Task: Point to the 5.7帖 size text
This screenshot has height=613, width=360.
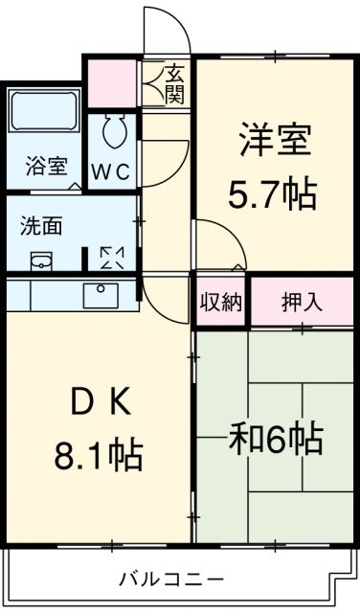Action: coord(273,194)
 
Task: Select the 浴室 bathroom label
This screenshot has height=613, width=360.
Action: coord(45,166)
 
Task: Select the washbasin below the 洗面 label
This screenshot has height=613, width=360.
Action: coord(42,261)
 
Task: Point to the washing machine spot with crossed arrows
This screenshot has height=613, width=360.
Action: coord(112,257)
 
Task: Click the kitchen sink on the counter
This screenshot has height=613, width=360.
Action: coord(99,294)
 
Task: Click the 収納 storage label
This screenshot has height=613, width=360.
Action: coord(221,303)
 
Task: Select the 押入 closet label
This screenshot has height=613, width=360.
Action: coord(301,303)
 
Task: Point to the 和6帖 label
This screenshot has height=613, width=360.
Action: coord(276,441)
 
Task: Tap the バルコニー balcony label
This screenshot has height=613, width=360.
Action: coord(172,579)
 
